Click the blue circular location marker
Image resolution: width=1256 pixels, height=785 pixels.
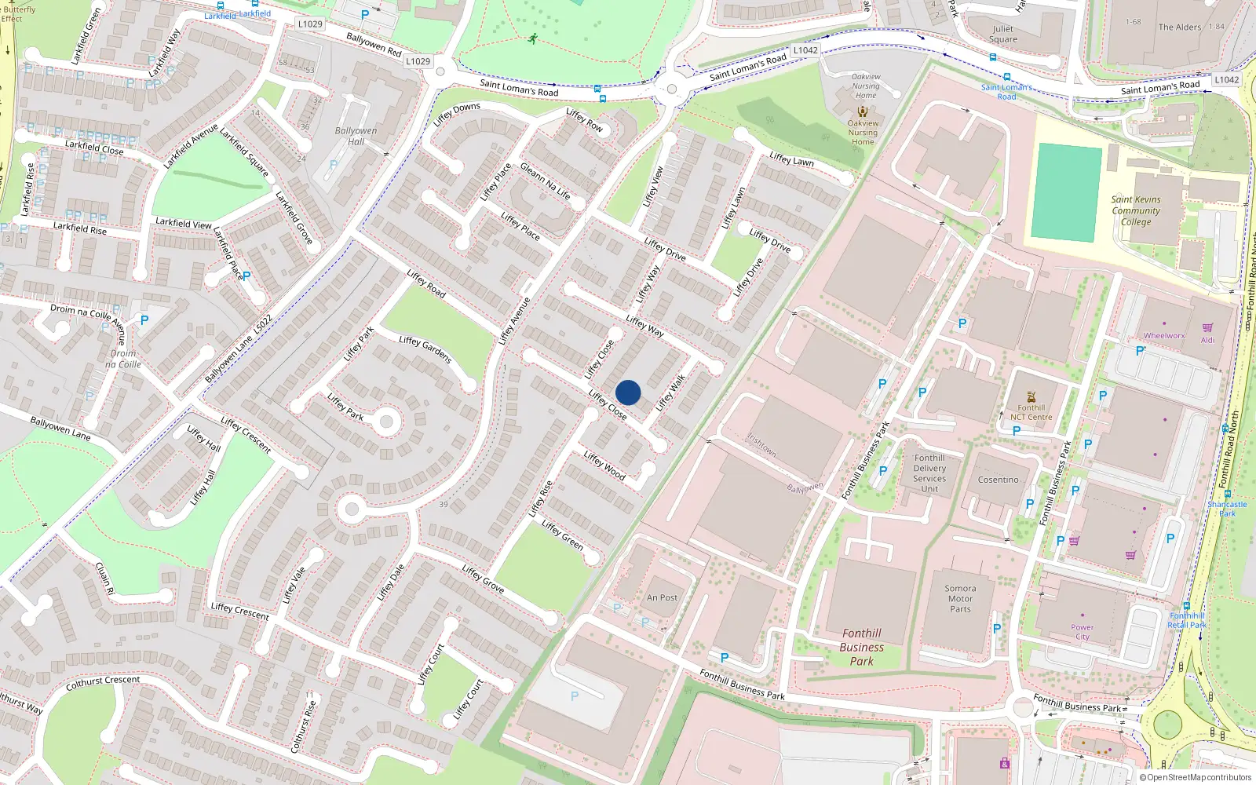point(628,392)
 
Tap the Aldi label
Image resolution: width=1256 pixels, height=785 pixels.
point(1207,340)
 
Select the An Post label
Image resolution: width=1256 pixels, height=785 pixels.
point(662,597)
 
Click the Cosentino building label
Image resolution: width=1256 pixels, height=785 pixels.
point(998,480)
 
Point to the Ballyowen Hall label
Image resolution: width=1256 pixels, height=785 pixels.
point(356,137)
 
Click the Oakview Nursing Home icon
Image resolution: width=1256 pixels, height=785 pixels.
point(863,111)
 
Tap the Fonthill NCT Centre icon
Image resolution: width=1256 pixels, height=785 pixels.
point(1031,396)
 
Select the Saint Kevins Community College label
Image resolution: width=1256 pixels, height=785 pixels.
point(1136,210)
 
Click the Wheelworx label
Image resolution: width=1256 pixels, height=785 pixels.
point(1164,336)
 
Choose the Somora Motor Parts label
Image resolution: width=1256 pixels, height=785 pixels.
point(960,598)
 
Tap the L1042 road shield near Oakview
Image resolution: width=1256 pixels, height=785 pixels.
point(805,50)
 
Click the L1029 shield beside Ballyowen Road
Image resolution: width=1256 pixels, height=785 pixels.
point(418,61)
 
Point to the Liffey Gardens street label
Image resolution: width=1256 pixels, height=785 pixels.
point(425,349)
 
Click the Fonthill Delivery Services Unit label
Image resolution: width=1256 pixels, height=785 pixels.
point(929,473)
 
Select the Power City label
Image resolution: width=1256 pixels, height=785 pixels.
point(1082,632)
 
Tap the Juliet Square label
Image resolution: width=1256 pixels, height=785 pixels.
point(1002,34)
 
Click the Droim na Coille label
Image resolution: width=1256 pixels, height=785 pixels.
point(123,359)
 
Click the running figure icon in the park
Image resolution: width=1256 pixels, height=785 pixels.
point(533,38)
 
